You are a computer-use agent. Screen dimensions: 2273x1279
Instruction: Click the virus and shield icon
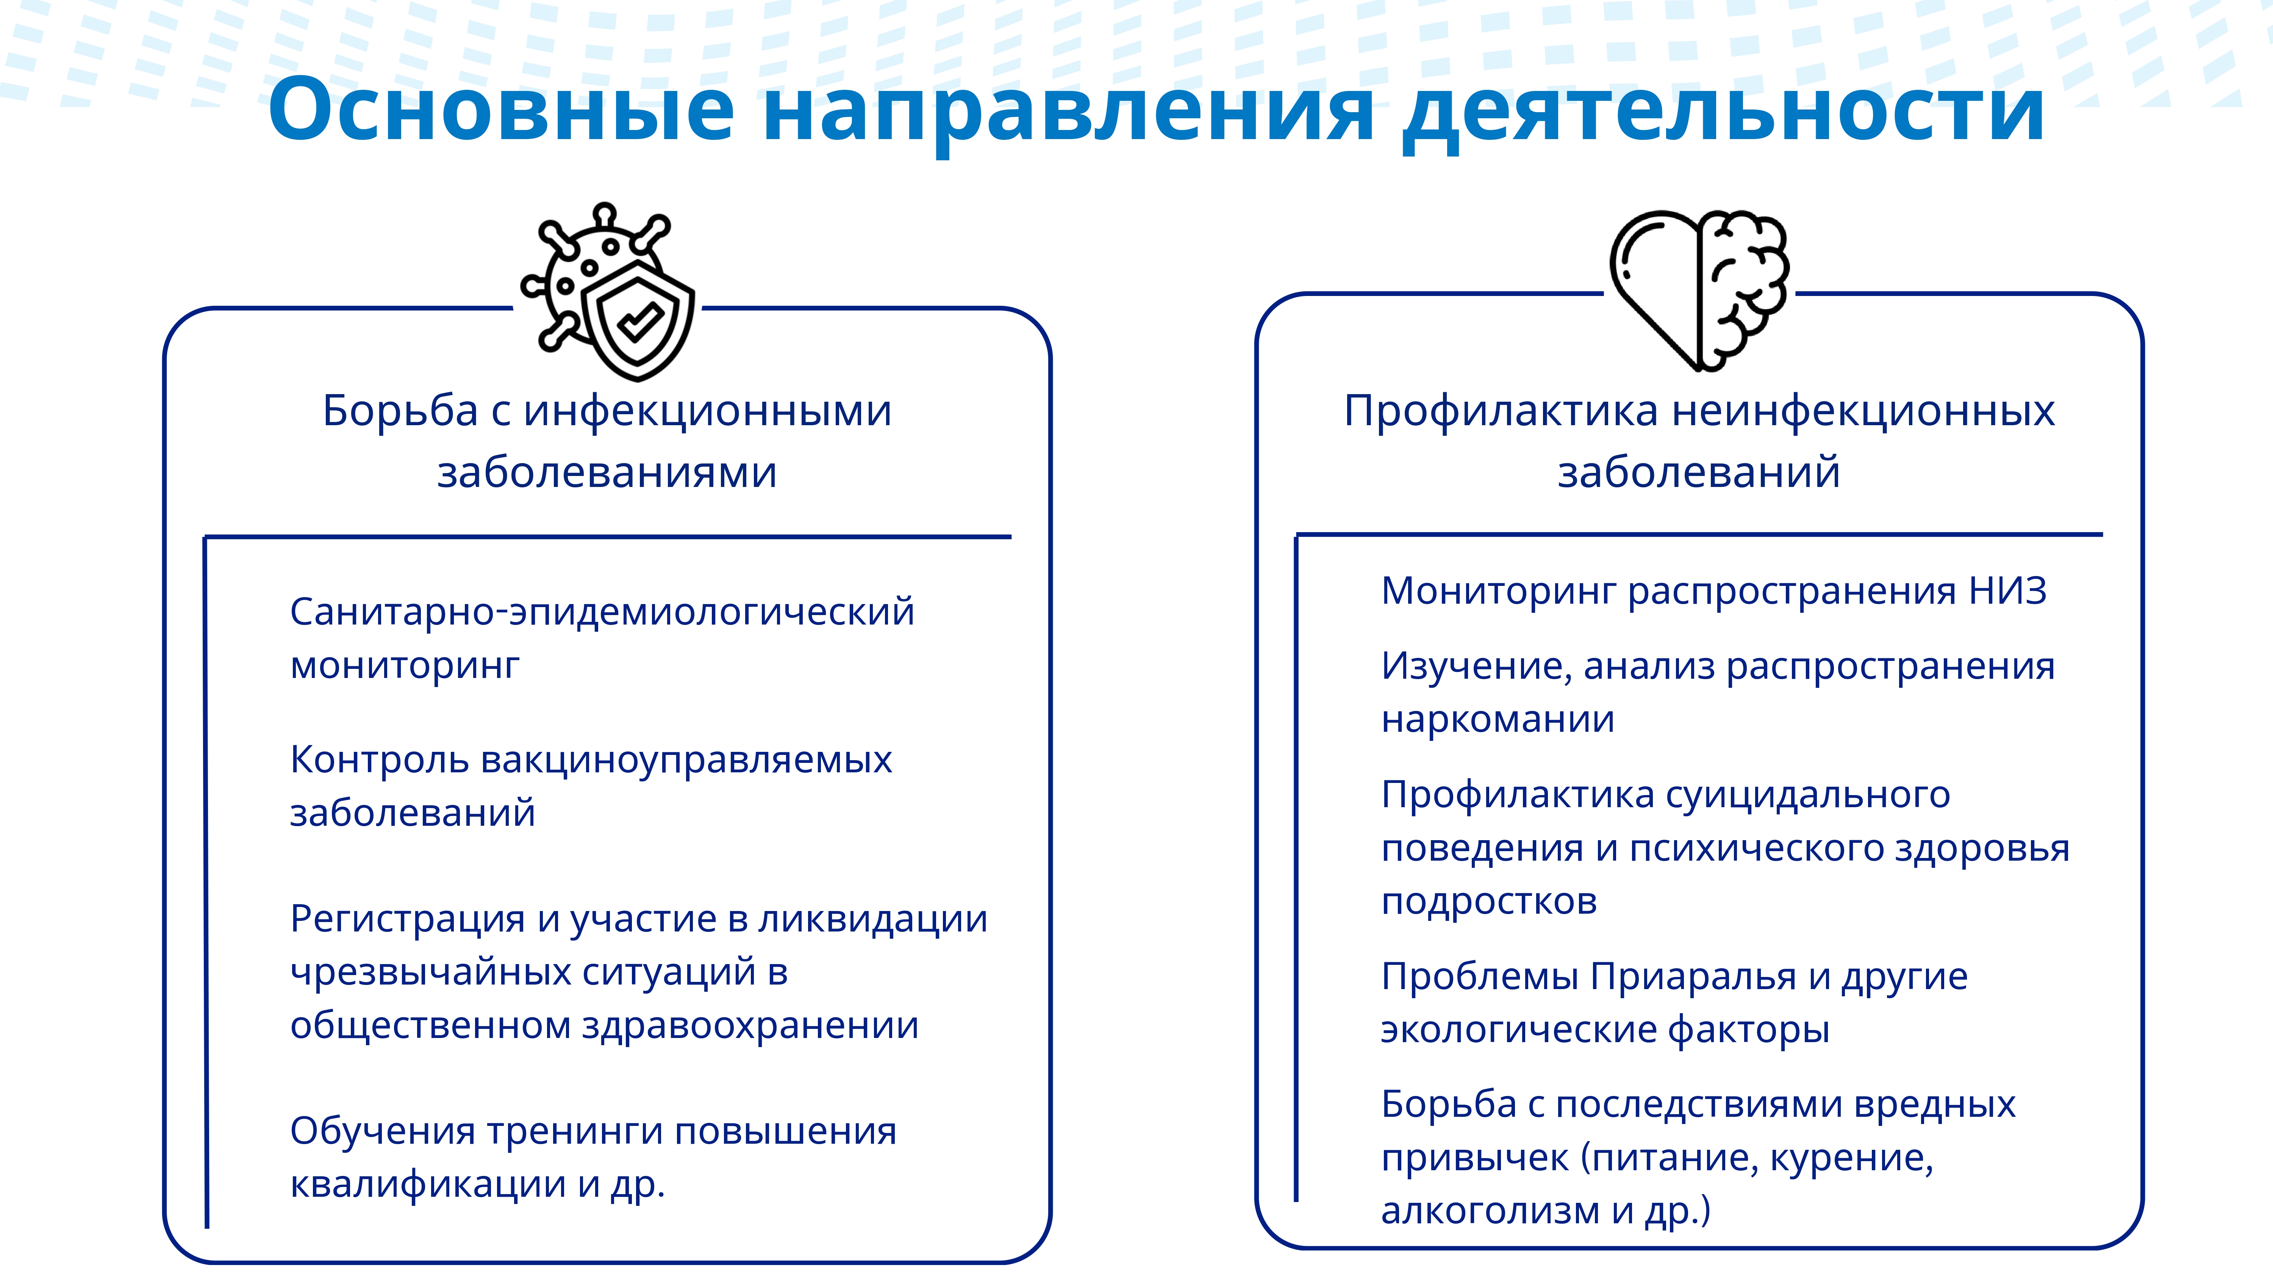click(608, 291)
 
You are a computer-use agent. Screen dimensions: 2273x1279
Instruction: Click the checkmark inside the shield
click(641, 321)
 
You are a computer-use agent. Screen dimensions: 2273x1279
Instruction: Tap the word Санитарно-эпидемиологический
click(602, 612)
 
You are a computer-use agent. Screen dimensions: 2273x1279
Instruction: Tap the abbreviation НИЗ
click(2007, 590)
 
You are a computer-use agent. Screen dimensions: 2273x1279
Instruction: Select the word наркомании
click(1498, 719)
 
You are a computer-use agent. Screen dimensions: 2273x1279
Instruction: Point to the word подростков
click(1490, 901)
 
